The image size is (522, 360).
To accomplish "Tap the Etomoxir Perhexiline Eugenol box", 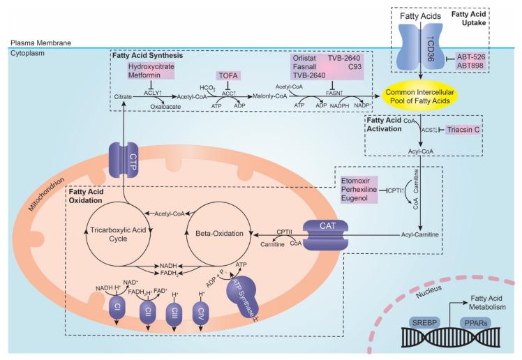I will coord(358,190).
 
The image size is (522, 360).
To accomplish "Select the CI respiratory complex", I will coord(117,308).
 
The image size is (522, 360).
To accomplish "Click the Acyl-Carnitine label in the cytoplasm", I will coord(419,234).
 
